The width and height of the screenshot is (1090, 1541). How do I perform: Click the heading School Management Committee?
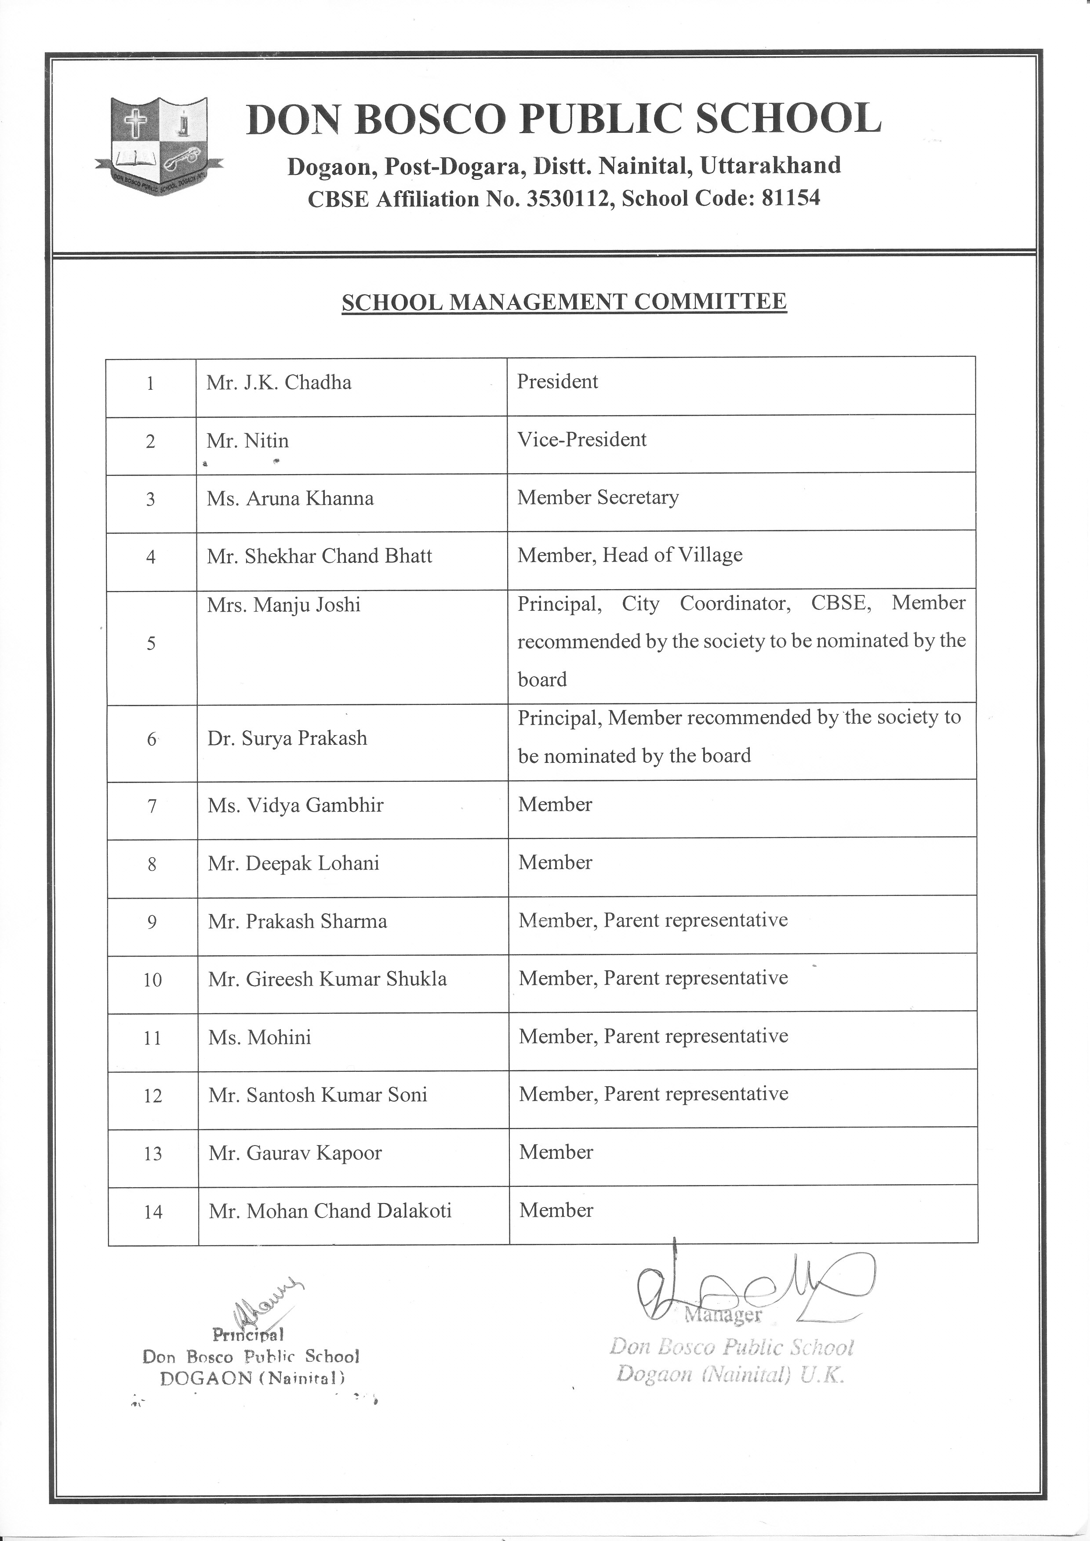click(564, 302)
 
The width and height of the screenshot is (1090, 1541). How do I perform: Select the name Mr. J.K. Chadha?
click(279, 383)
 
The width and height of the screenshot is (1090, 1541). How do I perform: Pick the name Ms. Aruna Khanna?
click(290, 499)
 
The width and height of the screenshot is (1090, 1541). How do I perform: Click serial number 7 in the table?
click(153, 805)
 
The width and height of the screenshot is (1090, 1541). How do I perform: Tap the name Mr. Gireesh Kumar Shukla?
click(327, 979)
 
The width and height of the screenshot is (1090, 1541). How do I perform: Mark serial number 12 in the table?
click(153, 1096)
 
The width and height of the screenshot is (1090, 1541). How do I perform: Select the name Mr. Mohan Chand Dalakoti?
click(330, 1211)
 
